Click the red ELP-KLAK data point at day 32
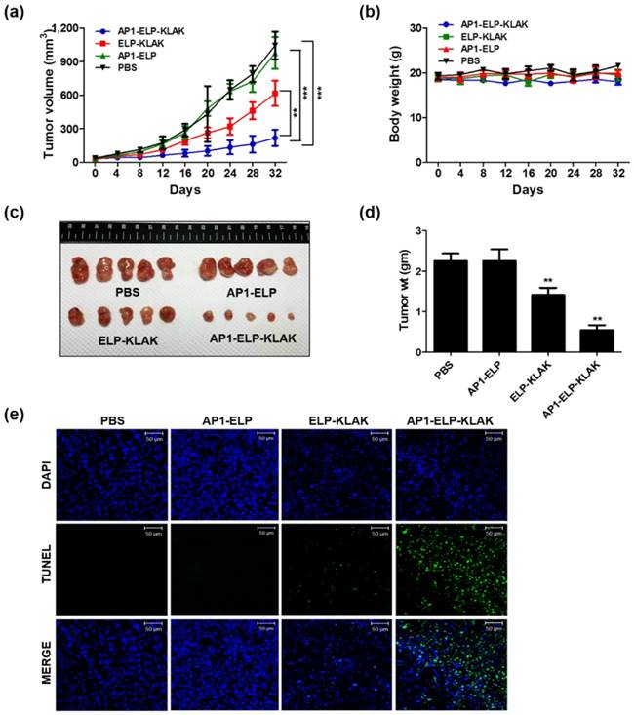click(x=275, y=94)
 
